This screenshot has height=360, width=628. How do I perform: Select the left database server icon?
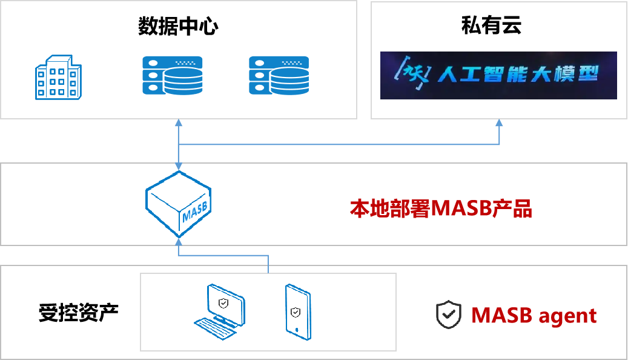(173, 75)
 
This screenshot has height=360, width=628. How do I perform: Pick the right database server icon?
(279, 75)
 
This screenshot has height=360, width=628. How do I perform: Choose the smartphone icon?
(297, 312)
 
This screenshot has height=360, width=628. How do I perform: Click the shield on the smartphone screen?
(295, 312)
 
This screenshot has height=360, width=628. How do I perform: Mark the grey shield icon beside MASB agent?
(449, 315)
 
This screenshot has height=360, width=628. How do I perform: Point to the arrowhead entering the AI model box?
(499, 123)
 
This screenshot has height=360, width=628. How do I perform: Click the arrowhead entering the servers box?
(179, 123)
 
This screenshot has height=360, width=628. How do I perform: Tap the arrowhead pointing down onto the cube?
(179, 166)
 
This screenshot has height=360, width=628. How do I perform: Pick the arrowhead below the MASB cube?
(179, 241)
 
